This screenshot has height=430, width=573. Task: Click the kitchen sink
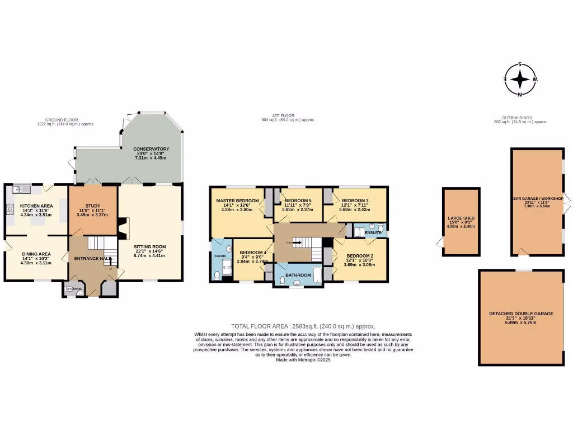pos(21,189)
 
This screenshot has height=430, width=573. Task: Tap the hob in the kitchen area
pos(10,210)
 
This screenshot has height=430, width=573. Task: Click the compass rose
pos(520,80)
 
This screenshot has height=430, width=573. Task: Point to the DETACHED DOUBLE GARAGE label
pos(521,314)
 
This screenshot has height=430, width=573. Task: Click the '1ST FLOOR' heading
pos(286,116)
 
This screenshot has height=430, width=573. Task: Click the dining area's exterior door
pos(6,246)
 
